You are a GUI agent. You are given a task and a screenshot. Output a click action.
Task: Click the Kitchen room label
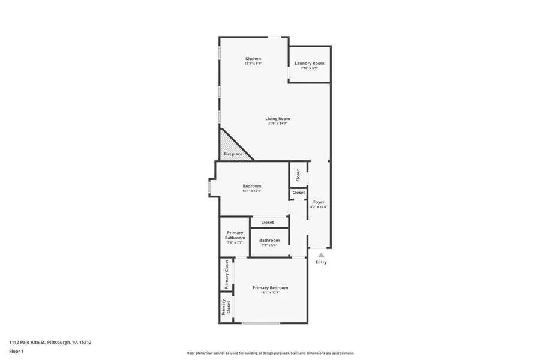tap(253, 59)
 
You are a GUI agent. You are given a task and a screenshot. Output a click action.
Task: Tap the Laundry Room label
tap(309, 63)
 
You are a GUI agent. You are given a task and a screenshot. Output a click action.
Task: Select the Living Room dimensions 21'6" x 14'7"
tap(277, 124)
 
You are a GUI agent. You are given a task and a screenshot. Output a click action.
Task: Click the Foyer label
tap(319, 202)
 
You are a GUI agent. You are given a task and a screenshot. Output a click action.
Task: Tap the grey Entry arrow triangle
tap(321, 255)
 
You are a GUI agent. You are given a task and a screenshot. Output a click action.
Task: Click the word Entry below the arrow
tap(321, 262)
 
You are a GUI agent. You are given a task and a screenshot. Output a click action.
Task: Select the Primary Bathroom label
tap(235, 235)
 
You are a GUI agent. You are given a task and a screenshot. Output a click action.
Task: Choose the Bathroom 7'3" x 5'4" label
tap(269, 241)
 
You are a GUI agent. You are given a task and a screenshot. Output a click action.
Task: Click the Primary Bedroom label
tap(270, 288)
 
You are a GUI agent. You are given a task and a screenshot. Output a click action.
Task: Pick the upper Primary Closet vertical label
tap(226, 274)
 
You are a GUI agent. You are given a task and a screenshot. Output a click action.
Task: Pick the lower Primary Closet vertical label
tap(226, 307)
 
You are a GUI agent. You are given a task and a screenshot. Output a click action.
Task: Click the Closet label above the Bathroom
tap(268, 223)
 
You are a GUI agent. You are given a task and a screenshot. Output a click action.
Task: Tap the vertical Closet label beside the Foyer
tap(298, 175)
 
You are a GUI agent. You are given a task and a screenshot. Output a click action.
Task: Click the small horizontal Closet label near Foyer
tap(298, 193)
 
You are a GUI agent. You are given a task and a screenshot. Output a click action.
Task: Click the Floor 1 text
tap(16, 351)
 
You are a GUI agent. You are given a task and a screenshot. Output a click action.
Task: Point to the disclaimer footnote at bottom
tap(270, 353)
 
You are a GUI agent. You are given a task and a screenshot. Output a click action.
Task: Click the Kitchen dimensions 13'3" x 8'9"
tap(253, 64)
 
